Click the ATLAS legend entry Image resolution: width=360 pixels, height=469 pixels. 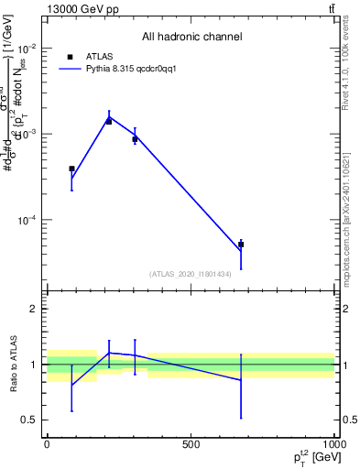pos(102,56)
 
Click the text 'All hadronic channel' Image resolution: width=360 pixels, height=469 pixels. pos(191,37)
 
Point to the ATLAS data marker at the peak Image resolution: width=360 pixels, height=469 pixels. pos(109,121)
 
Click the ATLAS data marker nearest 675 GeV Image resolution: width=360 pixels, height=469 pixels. pos(241,245)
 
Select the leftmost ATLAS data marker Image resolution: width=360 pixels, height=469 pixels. pos(71,169)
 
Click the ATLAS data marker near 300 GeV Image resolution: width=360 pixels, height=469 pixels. pos(135,139)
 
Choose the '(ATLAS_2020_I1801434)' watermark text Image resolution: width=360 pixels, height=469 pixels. pos(191,274)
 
